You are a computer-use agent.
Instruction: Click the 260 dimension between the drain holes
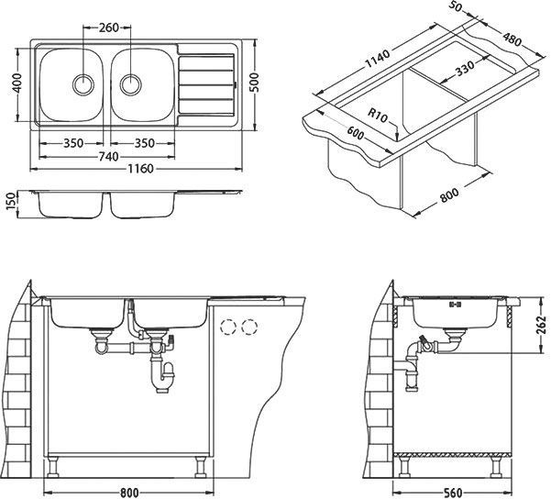[x=108, y=27]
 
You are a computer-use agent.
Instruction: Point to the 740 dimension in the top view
[x=107, y=157]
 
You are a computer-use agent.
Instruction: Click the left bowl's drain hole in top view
[x=83, y=83]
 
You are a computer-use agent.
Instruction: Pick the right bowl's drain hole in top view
[x=131, y=83]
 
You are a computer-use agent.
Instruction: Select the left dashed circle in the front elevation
[x=227, y=327]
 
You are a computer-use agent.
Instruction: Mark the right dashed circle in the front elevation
[x=248, y=327]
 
